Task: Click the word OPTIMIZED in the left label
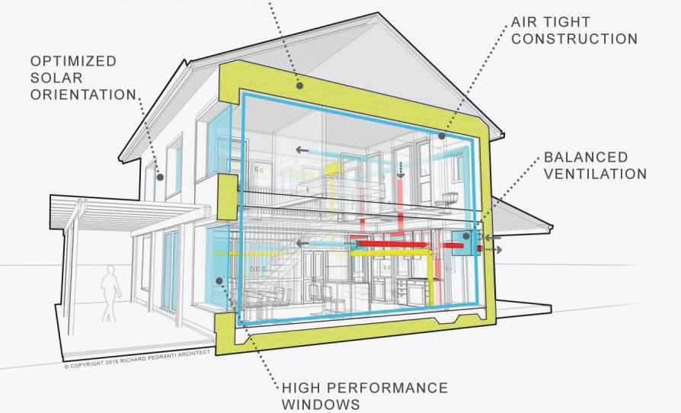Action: click(x=73, y=59)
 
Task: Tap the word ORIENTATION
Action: click(x=84, y=95)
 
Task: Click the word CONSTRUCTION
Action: click(x=574, y=39)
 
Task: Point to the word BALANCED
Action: click(x=586, y=158)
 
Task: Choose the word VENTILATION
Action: click(x=595, y=174)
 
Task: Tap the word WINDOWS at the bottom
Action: click(x=321, y=404)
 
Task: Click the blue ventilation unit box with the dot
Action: click(x=465, y=239)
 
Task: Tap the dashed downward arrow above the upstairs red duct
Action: click(x=401, y=171)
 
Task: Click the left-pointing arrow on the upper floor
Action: click(x=302, y=150)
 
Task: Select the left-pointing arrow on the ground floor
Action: click(x=302, y=244)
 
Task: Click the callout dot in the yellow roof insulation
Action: click(x=300, y=86)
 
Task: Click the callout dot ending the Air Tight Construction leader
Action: click(x=441, y=136)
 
